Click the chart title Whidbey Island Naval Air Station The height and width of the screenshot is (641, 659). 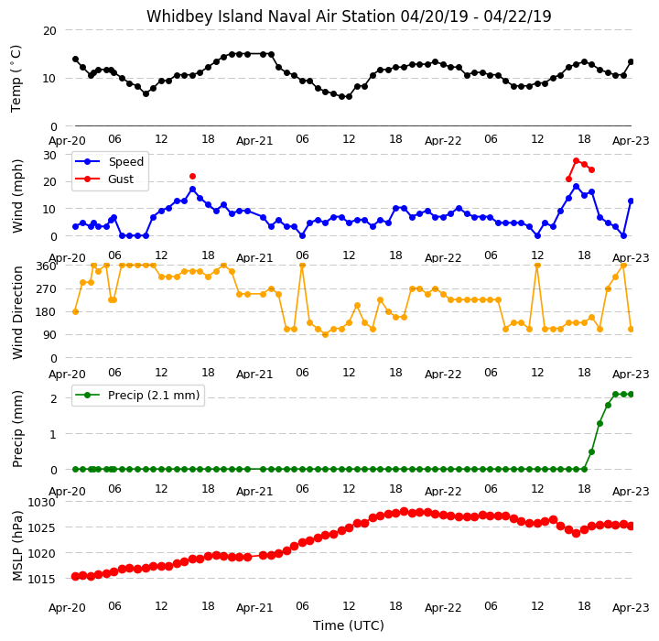pos(271,16)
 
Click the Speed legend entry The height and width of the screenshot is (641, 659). pos(109,161)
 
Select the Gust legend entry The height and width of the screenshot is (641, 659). pos(104,179)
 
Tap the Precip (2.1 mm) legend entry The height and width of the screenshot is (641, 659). pos(137,396)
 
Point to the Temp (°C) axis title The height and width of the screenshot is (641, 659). pos(16,78)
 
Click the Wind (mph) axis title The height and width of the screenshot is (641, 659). pos(17,196)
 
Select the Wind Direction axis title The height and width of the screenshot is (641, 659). pos(17,312)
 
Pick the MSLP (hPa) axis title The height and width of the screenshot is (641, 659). pos(17,546)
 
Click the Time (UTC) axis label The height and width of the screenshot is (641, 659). pos(349,625)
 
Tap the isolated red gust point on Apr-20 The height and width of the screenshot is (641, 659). pos(192,176)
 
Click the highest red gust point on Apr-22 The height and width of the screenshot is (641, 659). pos(577,160)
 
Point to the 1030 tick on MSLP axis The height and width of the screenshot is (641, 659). pos(41,502)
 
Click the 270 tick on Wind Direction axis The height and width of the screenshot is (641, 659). pos(47,289)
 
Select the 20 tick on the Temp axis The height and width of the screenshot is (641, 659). pos(49,31)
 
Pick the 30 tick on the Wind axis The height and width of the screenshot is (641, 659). pos(49,155)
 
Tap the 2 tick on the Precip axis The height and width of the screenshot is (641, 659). pos(53,398)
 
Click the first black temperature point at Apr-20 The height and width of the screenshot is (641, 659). pos(76,60)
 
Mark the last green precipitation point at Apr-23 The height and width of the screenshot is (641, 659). pos(631,394)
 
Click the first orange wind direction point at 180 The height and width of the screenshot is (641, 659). pos(76,311)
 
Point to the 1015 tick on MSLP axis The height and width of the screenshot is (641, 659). pos(41,579)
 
